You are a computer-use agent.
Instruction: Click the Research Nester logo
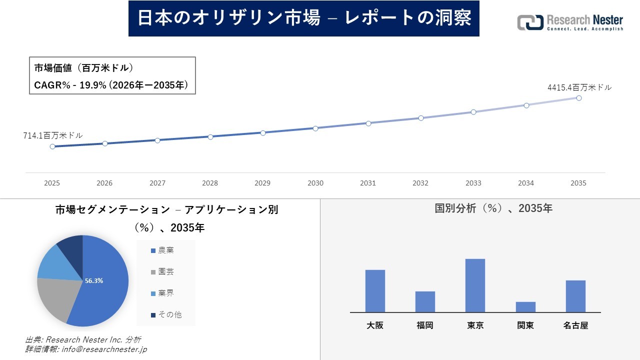[x=570, y=22]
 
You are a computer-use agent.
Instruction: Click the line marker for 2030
[x=315, y=128]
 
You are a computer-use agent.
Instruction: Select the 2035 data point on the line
[x=579, y=98]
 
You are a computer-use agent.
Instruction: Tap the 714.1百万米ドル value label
[x=53, y=135]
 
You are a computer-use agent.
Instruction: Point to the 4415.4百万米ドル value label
[x=579, y=87]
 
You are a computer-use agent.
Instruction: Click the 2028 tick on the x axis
[x=210, y=183]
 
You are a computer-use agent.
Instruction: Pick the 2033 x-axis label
[x=473, y=183]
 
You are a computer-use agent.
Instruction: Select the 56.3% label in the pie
[x=94, y=281]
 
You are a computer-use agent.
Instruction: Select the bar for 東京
[x=475, y=285]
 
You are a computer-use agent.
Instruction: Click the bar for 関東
[x=525, y=307]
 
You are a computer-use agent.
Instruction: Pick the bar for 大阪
[x=375, y=291]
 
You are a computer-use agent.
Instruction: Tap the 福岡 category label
[x=425, y=325]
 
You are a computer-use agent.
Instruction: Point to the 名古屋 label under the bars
[x=575, y=325]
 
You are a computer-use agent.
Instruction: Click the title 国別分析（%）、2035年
[x=493, y=208]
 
